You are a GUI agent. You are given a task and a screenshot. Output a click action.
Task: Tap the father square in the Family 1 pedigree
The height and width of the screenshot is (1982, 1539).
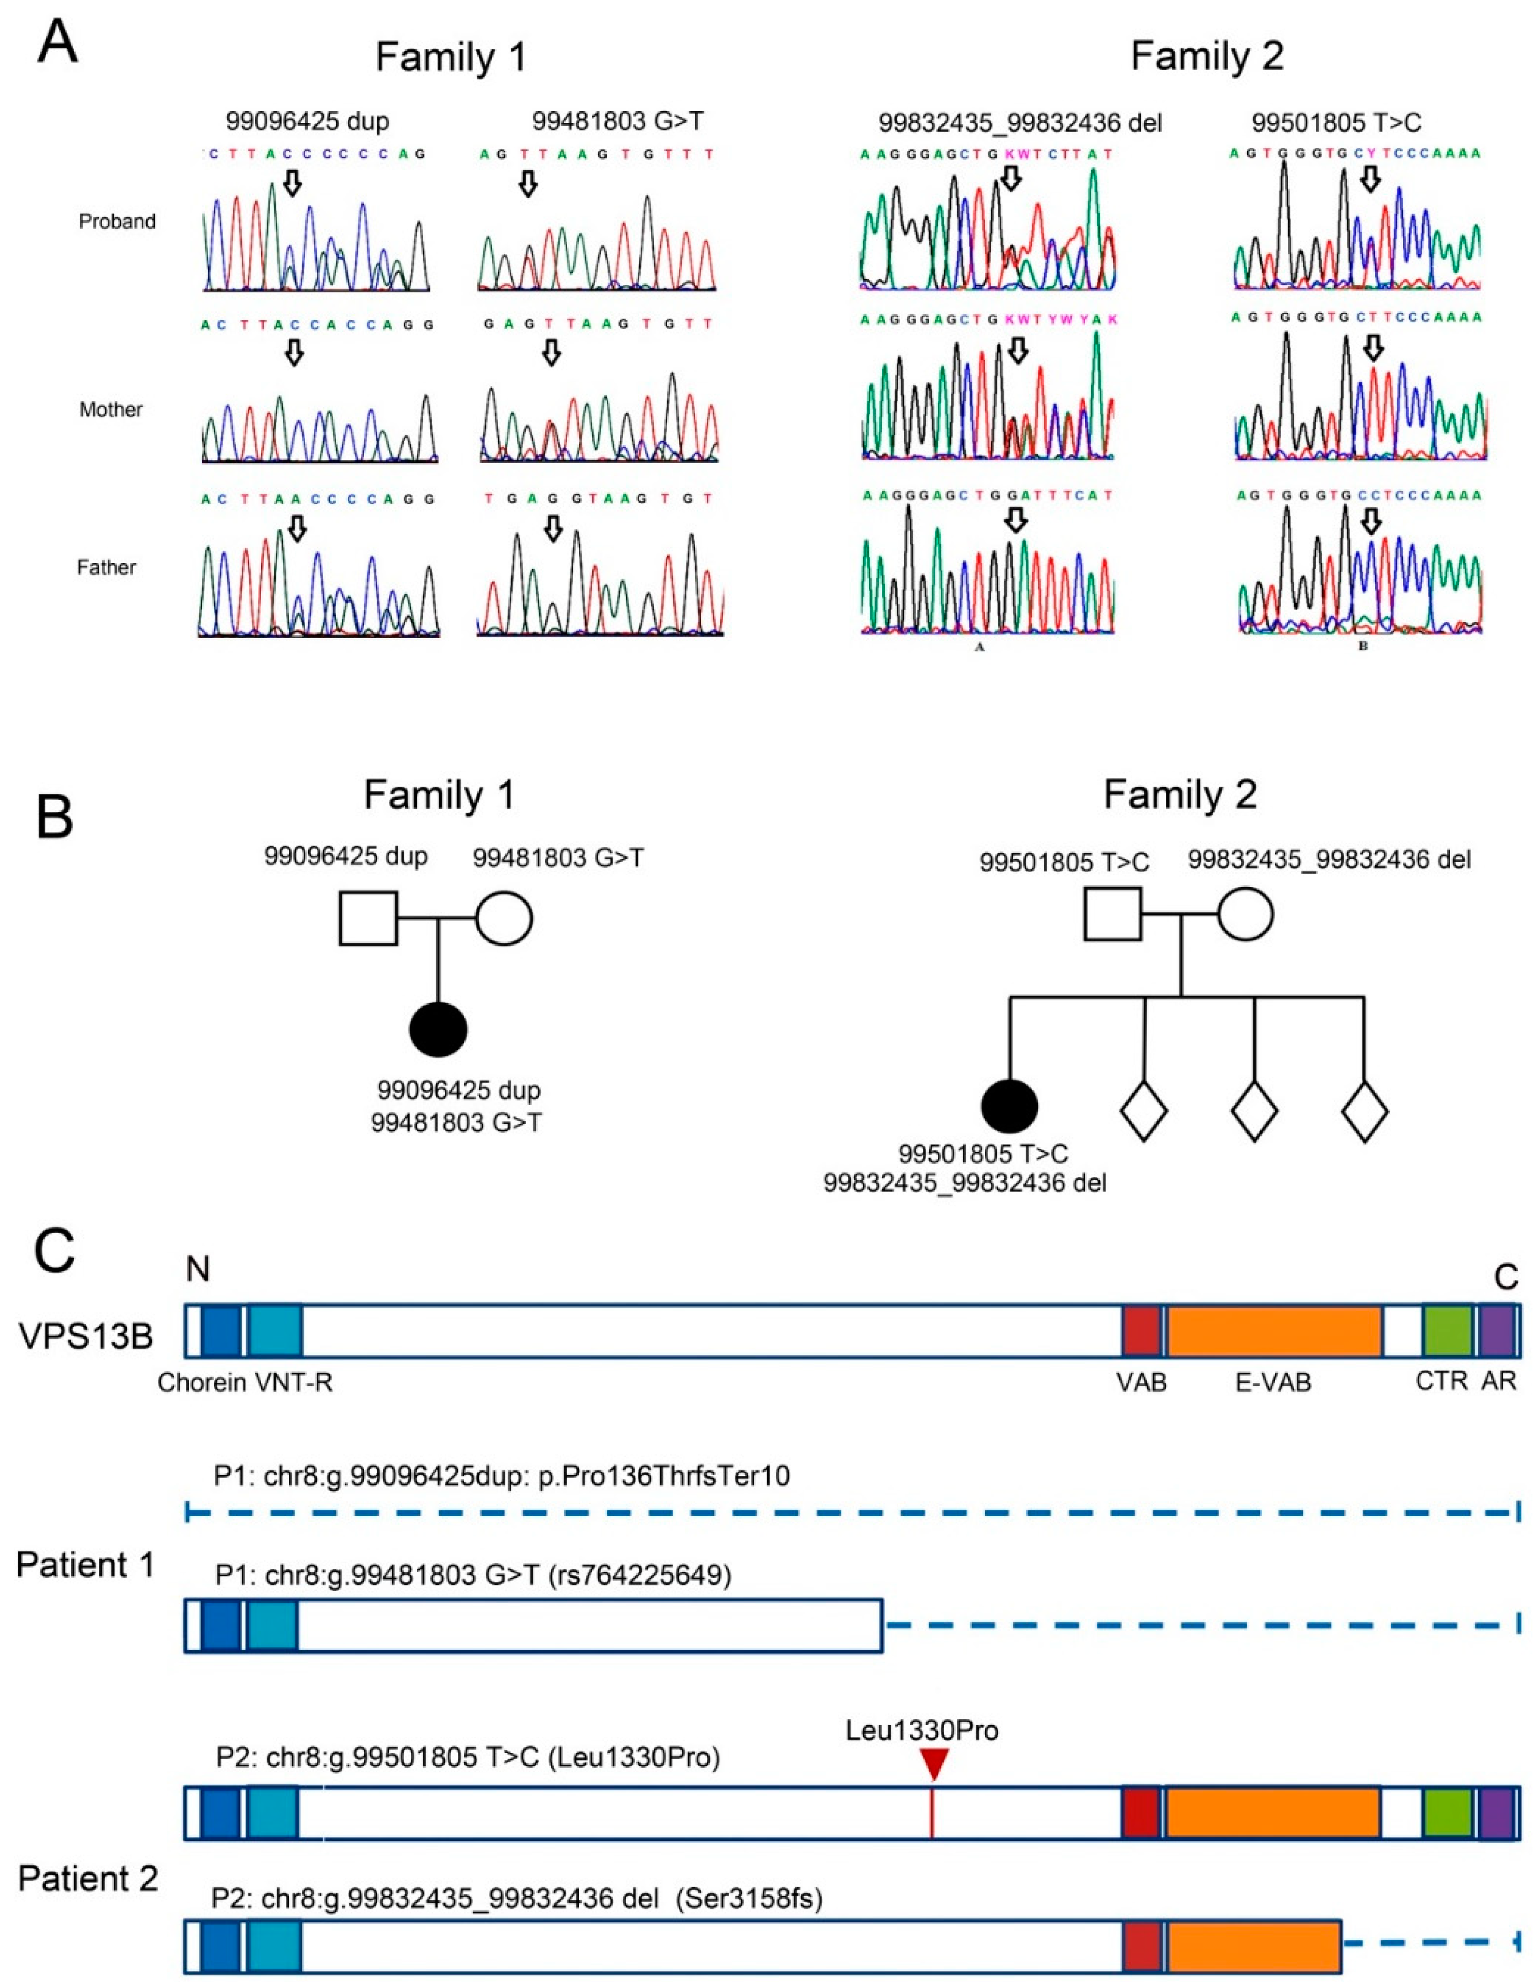[368, 918]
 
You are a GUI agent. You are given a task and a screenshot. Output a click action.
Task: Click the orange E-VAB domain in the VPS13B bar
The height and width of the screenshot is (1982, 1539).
[1274, 1331]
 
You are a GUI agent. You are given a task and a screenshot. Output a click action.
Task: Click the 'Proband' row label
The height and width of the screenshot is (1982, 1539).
[117, 221]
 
